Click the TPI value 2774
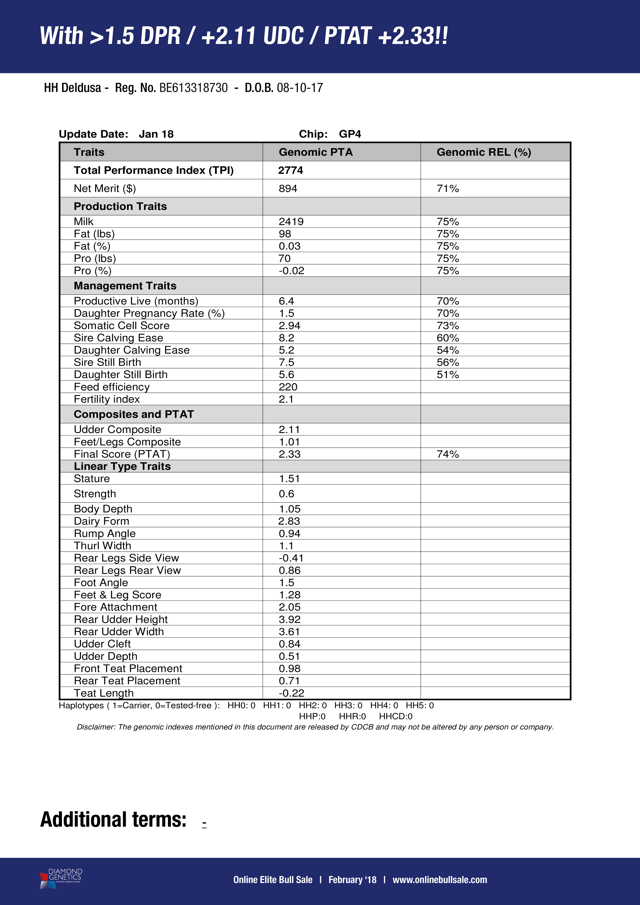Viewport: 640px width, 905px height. [290, 170]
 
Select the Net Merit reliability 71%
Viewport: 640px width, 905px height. [448, 188]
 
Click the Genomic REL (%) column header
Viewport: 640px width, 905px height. [483, 152]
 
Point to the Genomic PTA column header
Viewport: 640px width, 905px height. [316, 152]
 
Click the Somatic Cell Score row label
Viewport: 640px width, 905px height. [121, 326]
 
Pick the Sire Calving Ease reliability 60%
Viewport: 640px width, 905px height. [448, 338]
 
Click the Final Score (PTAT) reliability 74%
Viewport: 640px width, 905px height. [448, 454]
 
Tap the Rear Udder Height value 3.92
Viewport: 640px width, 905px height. [289, 619]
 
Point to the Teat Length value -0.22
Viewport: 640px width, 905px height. [291, 693]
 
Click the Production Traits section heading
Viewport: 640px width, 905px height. [120, 206]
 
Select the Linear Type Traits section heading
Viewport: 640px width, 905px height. [122, 466]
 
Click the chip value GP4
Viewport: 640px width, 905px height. [350, 134]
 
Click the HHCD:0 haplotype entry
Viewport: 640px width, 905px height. [396, 716]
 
